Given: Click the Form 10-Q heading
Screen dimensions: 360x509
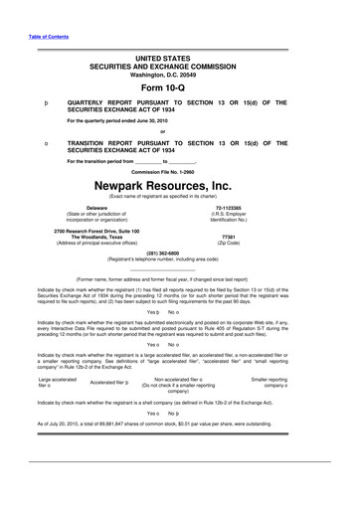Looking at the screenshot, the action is pyautogui.click(x=179, y=86).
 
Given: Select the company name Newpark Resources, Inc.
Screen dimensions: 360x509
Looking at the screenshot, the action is pyautogui.click(x=179, y=185).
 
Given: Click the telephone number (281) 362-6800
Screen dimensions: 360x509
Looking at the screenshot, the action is pyautogui.click(x=179, y=253).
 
